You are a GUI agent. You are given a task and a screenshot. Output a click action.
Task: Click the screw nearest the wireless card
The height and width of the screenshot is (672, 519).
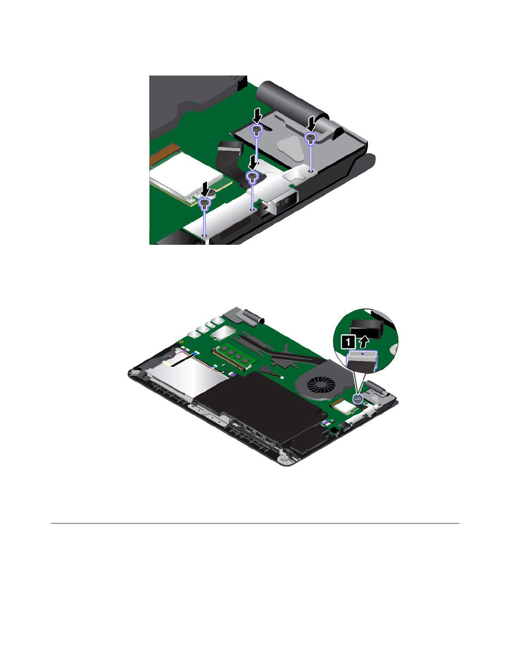(x=204, y=203)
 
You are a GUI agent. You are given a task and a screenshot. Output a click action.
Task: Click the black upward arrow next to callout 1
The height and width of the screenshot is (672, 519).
(x=364, y=342)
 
